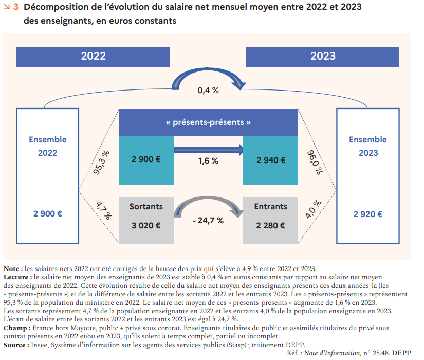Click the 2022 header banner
coord(93,56)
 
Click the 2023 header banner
coord(323,56)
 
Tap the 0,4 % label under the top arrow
coord(208,90)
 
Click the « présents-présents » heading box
coord(209,122)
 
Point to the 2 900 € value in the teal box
coord(145,160)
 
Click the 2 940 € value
coord(271,160)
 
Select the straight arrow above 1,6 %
coord(208,150)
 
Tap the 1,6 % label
coord(208,161)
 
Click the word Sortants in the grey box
coord(146,206)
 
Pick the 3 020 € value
coord(145,225)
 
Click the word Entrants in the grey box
coord(271,206)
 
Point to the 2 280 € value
coord(271,225)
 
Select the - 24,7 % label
coord(208,220)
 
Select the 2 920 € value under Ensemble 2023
coord(367,214)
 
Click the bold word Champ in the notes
coord(15,328)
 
